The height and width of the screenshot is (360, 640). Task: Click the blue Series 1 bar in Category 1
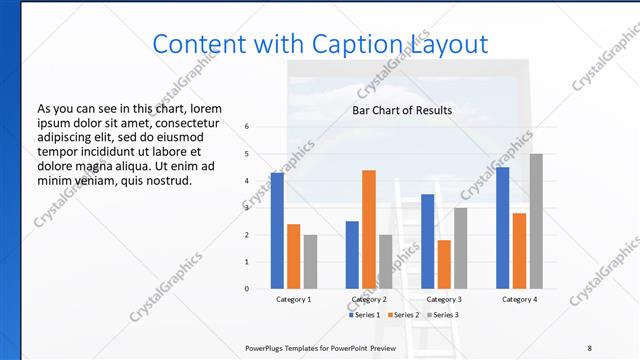(x=277, y=231)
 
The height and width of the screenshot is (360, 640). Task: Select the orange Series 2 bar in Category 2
(x=369, y=229)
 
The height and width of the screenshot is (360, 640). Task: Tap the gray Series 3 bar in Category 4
(x=536, y=221)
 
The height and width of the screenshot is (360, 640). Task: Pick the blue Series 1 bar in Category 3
(x=428, y=241)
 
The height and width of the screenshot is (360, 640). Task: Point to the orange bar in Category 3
(x=444, y=264)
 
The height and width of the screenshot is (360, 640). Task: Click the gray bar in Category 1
(x=310, y=262)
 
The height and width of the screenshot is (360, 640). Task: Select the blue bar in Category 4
(x=503, y=228)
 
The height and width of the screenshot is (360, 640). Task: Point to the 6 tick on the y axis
(x=247, y=127)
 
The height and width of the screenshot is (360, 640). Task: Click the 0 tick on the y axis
(x=247, y=289)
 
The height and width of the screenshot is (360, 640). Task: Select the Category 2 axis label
(x=369, y=299)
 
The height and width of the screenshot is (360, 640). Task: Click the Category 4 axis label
(x=519, y=299)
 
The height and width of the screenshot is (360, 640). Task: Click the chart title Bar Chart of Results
(x=402, y=110)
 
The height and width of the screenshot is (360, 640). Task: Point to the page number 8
(x=589, y=347)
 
